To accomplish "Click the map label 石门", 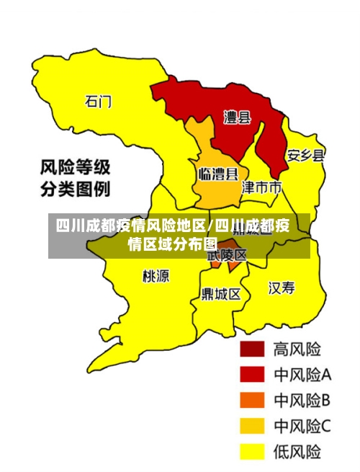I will (98, 102).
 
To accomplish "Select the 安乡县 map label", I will (305, 155).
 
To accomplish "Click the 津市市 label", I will (261, 188).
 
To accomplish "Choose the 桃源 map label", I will (156, 276).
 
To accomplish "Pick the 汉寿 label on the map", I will (282, 288).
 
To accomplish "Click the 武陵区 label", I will (228, 255).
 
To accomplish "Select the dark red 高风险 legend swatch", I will (252, 349).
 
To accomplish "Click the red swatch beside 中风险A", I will (252, 375).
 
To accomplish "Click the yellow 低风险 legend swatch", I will (252, 452).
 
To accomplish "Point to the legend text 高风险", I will (297, 349).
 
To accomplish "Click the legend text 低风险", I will (297, 452).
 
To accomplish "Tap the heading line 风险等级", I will (74, 169).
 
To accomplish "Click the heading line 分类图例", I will (74, 191).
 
